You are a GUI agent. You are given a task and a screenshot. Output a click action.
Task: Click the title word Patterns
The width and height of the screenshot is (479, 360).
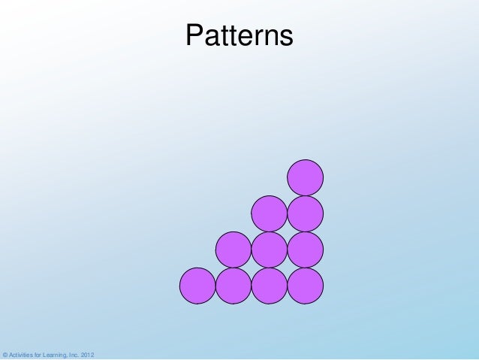[x=239, y=35]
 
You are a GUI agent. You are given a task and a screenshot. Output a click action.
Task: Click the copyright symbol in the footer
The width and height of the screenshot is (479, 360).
[x=5, y=354]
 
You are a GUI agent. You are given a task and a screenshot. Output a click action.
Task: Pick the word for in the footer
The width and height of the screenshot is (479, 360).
[x=39, y=354]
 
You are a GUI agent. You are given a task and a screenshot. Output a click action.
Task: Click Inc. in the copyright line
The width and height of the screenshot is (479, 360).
[x=75, y=354]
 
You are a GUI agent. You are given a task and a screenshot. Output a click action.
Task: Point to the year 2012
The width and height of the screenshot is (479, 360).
[x=88, y=354]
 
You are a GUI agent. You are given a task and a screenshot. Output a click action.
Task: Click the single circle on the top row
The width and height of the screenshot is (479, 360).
[x=306, y=178]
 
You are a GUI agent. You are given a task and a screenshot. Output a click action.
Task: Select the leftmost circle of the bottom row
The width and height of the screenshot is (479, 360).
[x=197, y=286]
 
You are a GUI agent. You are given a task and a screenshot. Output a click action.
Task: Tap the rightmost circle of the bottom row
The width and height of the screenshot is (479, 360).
[x=306, y=286]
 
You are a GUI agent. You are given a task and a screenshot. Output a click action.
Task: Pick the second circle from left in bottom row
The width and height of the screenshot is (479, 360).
[x=233, y=286]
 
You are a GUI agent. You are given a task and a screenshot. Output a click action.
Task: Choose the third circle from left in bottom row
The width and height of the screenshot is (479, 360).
[x=270, y=286]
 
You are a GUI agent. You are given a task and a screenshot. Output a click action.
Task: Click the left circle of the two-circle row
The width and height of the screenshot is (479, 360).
[x=270, y=214]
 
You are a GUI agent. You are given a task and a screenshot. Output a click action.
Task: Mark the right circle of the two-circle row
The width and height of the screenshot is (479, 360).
[x=306, y=214]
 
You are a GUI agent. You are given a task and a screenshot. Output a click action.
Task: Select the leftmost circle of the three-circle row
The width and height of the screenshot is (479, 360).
[x=233, y=250]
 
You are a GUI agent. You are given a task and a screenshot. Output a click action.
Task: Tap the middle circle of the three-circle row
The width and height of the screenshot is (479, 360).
[x=270, y=250]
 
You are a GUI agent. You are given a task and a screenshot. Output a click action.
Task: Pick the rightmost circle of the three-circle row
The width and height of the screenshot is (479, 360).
[x=306, y=250]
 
